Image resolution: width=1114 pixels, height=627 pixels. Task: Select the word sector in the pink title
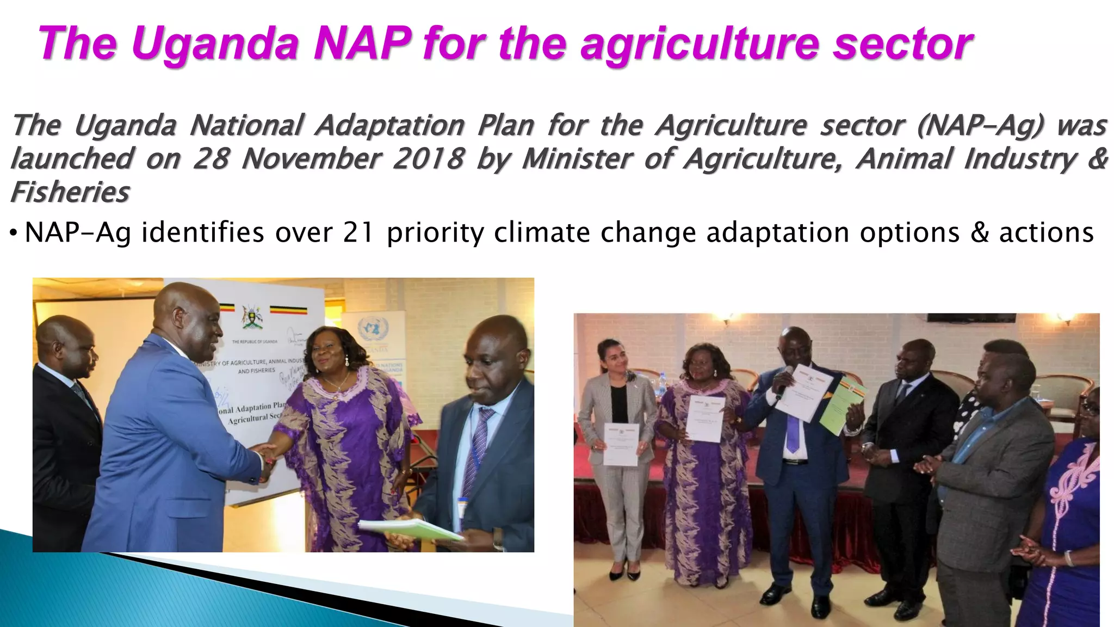(x=903, y=44)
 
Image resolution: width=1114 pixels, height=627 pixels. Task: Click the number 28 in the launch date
(x=211, y=159)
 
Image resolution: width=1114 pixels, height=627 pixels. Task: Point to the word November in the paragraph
(x=312, y=159)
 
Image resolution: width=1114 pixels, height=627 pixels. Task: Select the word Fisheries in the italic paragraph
(x=70, y=192)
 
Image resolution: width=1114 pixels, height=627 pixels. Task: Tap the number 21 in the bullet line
(x=358, y=232)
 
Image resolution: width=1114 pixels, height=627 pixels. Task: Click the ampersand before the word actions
(x=980, y=232)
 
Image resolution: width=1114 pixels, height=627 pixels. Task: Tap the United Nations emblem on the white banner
(x=373, y=329)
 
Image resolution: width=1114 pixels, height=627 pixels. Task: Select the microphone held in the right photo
(x=784, y=381)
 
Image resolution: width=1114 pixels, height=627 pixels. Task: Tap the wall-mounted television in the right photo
(x=971, y=318)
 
